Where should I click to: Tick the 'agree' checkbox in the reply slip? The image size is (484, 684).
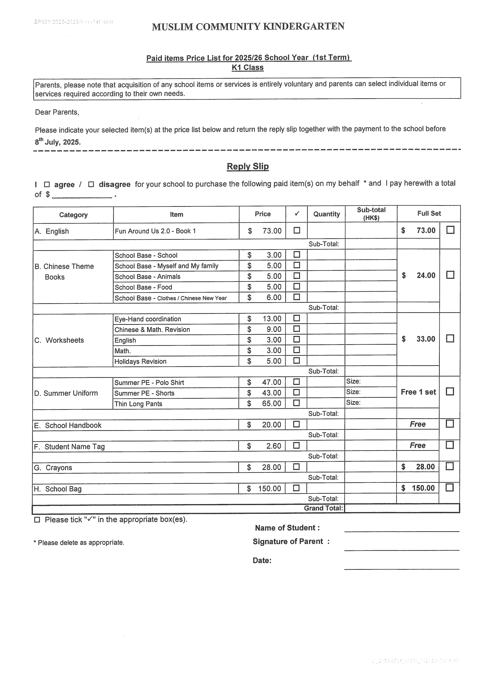[47, 184]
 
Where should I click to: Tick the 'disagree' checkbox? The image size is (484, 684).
[91, 184]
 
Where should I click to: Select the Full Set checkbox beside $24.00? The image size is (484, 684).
[450, 275]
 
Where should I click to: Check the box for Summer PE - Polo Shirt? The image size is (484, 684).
[296, 382]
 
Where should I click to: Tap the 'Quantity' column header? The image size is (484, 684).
[326, 214]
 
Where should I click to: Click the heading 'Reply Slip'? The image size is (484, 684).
[248, 166]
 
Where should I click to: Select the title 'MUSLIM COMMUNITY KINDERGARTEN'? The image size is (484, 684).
[248, 27]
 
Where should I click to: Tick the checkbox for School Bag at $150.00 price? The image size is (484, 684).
[296, 488]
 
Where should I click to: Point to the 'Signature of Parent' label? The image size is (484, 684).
[288, 541]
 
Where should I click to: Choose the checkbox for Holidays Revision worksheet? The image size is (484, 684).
[296, 360]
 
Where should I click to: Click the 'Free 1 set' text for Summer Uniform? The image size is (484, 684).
[418, 392]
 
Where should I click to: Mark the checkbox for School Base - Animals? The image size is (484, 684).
[296, 276]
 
